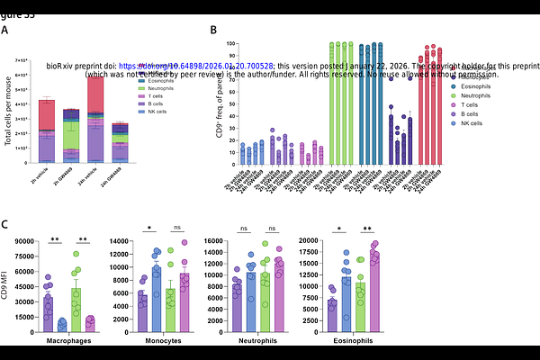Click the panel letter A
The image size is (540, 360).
pyautogui.click(x=5, y=30)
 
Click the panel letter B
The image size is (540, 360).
pyautogui.click(x=212, y=30)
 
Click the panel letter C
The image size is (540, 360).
pyautogui.click(x=5, y=225)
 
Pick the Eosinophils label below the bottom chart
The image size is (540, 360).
pyautogui.click(x=343, y=341)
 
